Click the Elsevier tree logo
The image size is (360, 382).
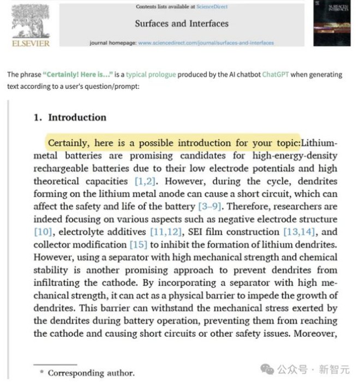tap(31, 20)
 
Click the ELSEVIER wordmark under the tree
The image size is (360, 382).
tap(31, 43)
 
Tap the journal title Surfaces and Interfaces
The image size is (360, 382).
tap(182, 23)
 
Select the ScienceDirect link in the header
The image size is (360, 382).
tap(212, 7)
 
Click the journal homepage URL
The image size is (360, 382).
tap(206, 43)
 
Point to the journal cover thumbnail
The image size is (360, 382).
tap(331, 22)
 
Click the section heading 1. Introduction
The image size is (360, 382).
tap(70, 117)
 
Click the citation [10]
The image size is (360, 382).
tap(43, 232)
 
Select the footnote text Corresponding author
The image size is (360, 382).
tap(91, 373)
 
